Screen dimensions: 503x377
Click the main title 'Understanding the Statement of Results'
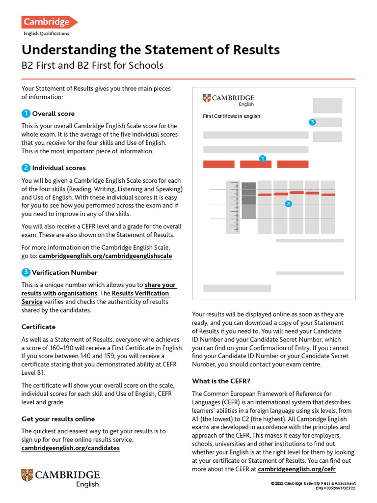(150, 50)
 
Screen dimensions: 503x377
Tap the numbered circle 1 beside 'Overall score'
(26, 113)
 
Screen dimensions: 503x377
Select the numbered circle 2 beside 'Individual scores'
(26, 168)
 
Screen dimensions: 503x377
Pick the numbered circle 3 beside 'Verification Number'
(26, 272)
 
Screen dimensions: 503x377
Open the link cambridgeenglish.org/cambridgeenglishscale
(106, 256)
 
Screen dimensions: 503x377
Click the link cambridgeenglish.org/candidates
(71, 448)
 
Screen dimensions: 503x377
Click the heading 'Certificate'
(38, 327)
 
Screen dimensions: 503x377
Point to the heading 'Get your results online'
(58, 419)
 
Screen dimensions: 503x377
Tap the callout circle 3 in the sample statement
(312, 122)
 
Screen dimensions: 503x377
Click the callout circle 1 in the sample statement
(263, 158)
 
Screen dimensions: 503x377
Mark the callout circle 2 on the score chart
(288, 203)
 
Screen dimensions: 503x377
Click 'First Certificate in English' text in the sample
(231, 116)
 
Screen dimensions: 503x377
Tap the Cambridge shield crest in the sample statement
(207, 98)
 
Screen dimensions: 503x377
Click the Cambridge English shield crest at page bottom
(27, 475)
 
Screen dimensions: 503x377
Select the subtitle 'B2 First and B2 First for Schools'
(92, 66)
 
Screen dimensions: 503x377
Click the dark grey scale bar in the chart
(249, 193)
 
